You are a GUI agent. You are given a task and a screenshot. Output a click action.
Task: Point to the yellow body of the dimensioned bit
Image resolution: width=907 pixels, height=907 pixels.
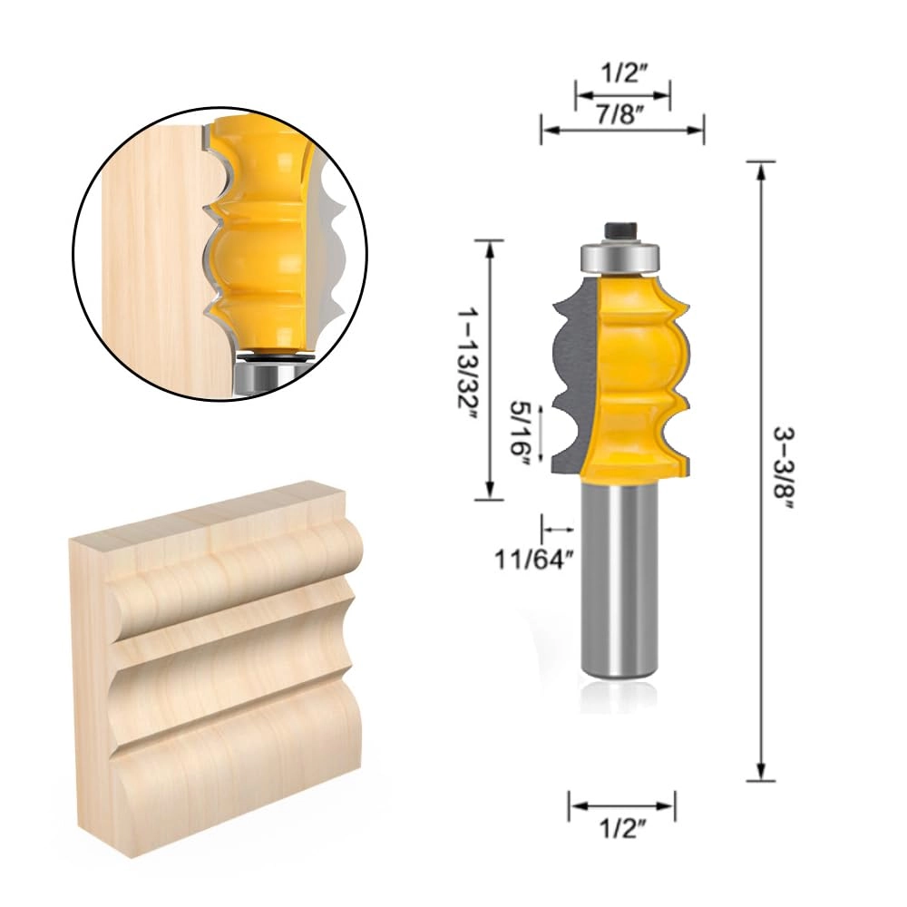coord(639,381)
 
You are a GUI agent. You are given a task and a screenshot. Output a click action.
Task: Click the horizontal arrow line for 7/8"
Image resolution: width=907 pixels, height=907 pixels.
coord(622,130)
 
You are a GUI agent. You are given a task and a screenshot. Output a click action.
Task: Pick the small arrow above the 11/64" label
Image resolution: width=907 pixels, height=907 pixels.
coord(557,528)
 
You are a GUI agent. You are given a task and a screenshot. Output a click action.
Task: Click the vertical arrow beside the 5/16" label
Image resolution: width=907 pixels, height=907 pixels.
coord(541,433)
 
